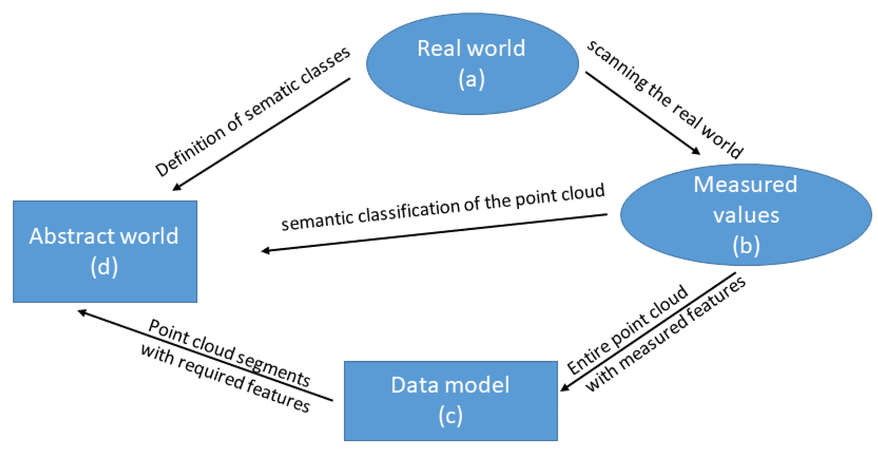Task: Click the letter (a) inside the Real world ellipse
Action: (x=471, y=79)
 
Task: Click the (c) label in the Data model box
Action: (x=450, y=416)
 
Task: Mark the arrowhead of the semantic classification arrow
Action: (x=265, y=250)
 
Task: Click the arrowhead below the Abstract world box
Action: (x=82, y=312)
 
